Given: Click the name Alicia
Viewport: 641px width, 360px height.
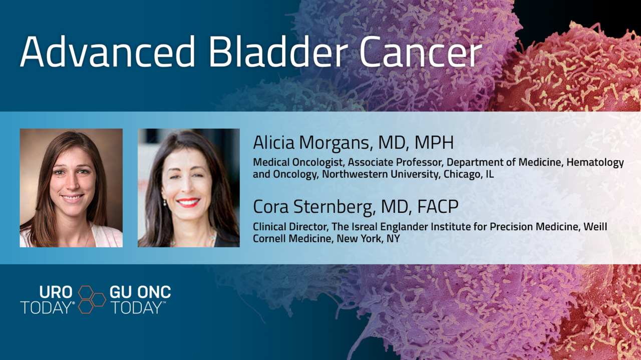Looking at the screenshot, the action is (274, 142).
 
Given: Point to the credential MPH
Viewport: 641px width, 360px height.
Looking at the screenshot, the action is (434, 142).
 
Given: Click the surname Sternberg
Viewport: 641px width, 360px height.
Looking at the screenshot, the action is (334, 207).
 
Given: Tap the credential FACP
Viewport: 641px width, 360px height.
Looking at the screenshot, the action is (438, 206).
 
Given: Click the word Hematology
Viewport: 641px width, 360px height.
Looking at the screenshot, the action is (595, 163).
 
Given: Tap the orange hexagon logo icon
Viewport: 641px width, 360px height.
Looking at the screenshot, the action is (92, 299).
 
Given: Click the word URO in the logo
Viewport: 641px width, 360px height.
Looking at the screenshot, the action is (56, 292).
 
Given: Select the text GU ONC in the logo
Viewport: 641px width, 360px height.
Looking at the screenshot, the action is (140, 292).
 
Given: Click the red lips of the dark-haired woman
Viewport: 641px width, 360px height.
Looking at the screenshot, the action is (188, 202).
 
